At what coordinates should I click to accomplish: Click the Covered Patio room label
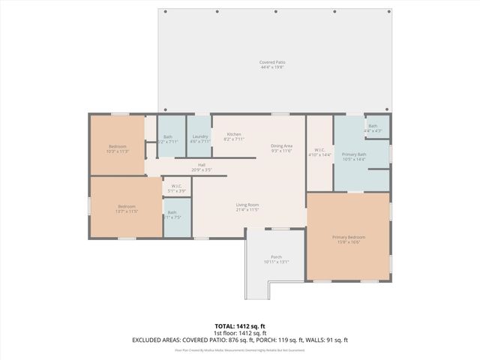[x=272, y=62]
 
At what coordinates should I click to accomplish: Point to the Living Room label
[x=247, y=205]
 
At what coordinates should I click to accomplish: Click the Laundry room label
[x=199, y=136]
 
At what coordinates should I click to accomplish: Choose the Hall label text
[x=202, y=165]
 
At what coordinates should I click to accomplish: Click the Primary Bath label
[x=354, y=154]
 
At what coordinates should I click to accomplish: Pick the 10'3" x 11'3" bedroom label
[x=118, y=146]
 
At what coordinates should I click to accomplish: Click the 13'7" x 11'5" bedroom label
[x=126, y=206]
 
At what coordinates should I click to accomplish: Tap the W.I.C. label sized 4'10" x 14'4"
[x=319, y=150]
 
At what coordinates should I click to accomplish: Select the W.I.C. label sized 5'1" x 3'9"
[x=177, y=187]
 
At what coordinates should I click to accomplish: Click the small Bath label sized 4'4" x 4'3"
[x=373, y=126]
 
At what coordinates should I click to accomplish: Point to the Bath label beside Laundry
[x=168, y=136]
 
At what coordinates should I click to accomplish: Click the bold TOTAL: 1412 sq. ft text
[x=240, y=326]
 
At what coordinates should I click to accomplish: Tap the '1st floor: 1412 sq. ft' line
[x=240, y=333]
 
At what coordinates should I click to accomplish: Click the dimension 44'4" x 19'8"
[x=272, y=67]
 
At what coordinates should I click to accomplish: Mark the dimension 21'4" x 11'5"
[x=247, y=210]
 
